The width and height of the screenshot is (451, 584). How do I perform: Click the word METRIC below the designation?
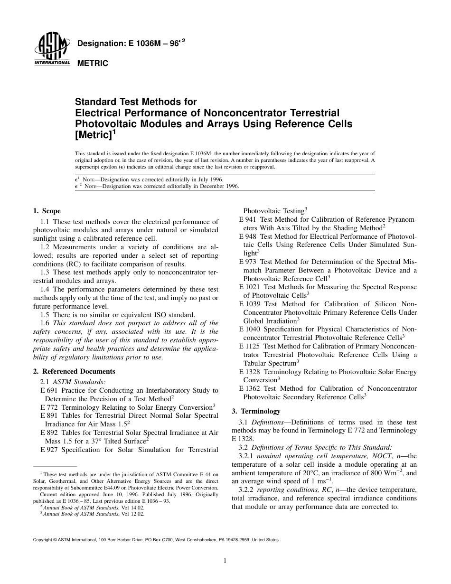pos(93,63)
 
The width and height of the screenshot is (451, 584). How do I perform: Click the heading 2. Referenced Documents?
pos(74,371)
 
